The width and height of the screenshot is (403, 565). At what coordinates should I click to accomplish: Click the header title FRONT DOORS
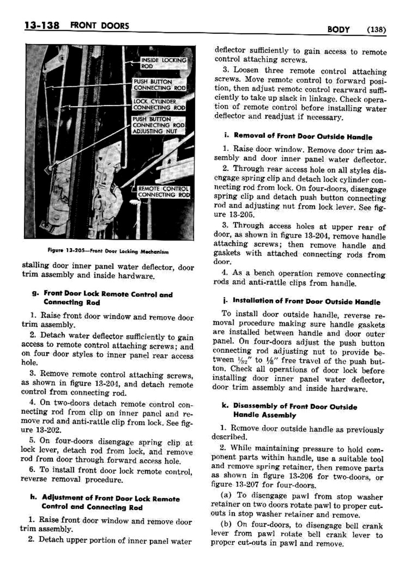[102, 26]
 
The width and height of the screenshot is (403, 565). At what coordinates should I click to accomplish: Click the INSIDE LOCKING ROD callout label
[163, 63]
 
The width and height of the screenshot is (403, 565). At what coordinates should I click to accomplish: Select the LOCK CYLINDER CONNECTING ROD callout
[159, 104]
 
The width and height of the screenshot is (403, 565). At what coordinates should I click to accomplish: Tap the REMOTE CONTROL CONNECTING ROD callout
[163, 192]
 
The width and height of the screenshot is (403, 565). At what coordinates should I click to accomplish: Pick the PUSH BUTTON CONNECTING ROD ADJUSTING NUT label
[158, 125]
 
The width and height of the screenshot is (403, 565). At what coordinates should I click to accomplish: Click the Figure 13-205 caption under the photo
[108, 251]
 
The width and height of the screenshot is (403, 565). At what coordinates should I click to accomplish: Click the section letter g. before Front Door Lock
[35, 293]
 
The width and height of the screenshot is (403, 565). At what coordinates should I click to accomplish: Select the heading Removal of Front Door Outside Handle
[303, 137]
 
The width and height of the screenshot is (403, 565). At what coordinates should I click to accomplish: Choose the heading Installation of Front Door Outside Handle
[306, 302]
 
